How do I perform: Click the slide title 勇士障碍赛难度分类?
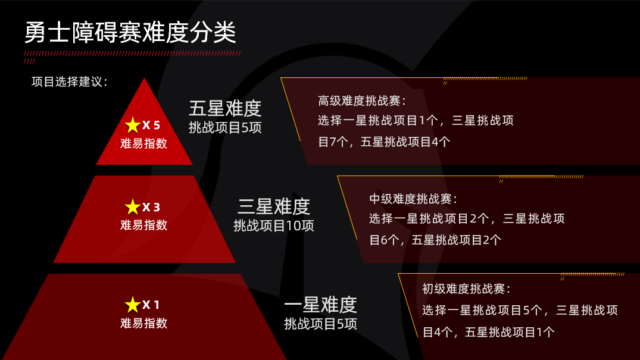tap(130, 32)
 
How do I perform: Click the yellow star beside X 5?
tap(133, 126)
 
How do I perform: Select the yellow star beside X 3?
tap(133, 207)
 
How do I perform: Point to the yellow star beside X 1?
tap(133, 305)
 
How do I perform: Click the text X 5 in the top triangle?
tap(151, 126)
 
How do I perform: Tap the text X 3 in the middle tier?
tap(151, 207)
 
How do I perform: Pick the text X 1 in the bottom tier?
tap(151, 305)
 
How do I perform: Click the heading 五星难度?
tap(225, 108)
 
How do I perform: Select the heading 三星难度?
tap(274, 206)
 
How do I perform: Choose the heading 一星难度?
tap(320, 305)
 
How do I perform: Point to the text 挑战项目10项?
tap(274, 226)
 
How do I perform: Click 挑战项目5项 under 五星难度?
tap(225, 128)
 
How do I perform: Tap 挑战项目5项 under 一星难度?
tap(320, 324)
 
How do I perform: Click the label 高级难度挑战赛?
tap(361, 101)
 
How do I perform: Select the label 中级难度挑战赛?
tap(413, 199)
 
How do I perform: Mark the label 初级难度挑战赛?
tap(466, 289)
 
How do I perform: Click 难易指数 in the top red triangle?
tap(143, 143)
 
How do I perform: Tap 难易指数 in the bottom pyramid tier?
tap(143, 323)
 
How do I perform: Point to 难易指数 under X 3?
tap(143, 225)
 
